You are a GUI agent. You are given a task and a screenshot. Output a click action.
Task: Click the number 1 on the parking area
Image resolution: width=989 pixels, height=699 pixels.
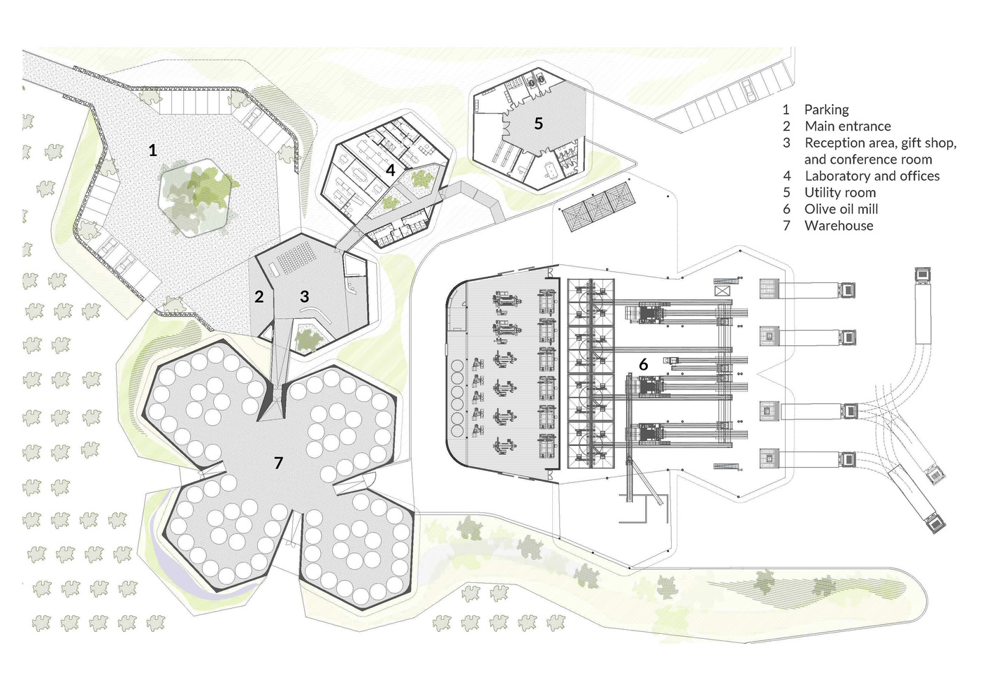(x=152, y=150)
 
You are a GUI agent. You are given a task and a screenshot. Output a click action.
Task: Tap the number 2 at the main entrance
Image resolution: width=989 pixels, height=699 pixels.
(x=259, y=296)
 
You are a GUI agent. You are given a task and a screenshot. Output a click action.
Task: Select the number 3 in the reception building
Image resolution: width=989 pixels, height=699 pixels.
(x=304, y=296)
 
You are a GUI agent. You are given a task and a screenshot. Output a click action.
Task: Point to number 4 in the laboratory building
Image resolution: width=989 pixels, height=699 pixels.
(x=390, y=170)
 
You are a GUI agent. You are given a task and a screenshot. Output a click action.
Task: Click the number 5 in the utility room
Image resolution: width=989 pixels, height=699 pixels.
(x=538, y=124)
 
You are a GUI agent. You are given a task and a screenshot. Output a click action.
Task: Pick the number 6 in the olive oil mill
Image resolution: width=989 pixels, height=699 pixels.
(x=644, y=364)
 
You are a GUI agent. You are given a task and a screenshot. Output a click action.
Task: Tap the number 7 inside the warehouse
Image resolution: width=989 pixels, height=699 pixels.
(x=278, y=463)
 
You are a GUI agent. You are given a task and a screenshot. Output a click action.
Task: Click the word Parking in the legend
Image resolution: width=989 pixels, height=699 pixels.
(x=826, y=110)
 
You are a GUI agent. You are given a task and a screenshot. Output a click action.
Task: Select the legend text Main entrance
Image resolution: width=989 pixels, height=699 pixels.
(x=847, y=127)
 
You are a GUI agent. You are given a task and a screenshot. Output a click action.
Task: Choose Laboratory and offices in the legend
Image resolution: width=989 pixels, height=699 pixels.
(x=872, y=176)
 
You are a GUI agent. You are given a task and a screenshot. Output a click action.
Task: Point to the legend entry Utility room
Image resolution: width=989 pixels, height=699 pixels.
(x=839, y=193)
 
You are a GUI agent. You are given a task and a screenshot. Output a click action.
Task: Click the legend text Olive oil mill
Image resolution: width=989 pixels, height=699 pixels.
(x=841, y=209)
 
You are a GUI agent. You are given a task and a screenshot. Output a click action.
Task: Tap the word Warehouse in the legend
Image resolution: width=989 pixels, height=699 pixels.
(x=838, y=226)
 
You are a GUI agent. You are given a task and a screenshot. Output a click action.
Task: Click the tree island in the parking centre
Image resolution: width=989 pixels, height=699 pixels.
(x=196, y=195)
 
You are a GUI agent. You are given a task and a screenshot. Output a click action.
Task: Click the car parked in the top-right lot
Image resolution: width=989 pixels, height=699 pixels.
(x=747, y=89)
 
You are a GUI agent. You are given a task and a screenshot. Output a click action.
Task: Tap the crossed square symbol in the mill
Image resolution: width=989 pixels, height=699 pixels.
(x=722, y=289)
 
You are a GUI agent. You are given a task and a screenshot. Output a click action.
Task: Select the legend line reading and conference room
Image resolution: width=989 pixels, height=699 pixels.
(x=867, y=159)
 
